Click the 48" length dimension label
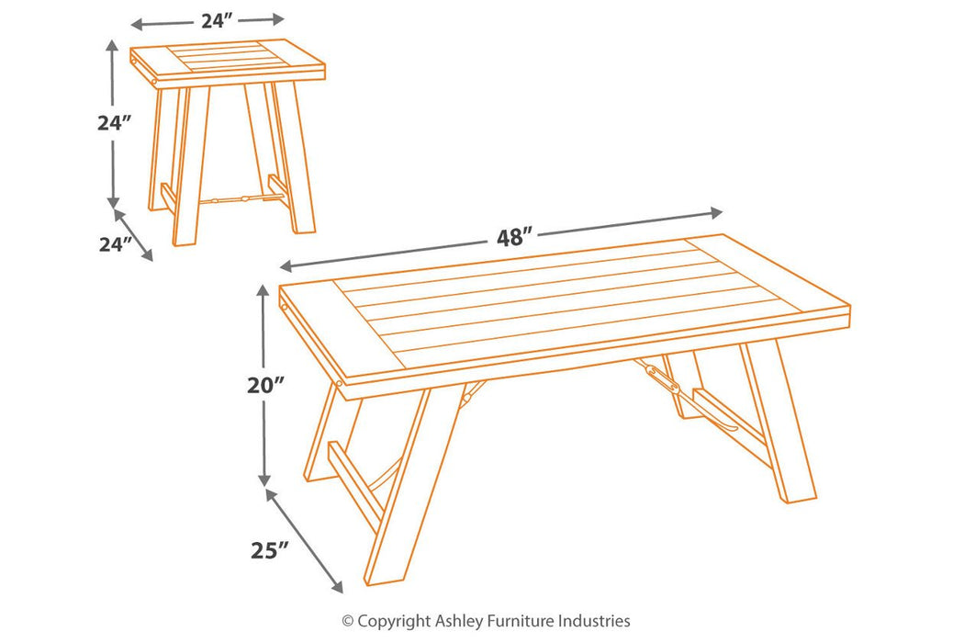(514, 237)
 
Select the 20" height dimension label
(265, 385)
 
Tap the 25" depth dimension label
(269, 550)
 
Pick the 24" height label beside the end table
(115, 123)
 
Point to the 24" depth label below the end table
(116, 244)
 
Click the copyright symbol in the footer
(348, 621)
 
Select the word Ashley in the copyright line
(461, 622)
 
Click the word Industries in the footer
(594, 621)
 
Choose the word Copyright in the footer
(395, 622)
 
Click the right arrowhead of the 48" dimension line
(716, 213)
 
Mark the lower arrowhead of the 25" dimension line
(336, 586)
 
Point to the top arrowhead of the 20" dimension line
(263, 290)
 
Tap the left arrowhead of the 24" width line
(138, 25)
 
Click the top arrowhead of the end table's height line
(112, 46)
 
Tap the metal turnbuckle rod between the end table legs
(241, 198)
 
